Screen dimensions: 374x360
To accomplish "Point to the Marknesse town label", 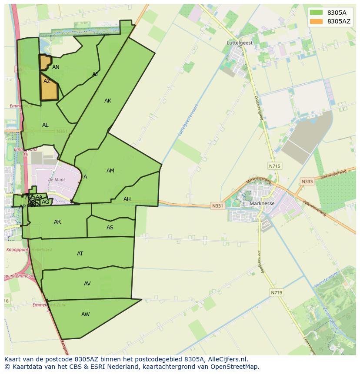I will pyautogui.click(x=262, y=203).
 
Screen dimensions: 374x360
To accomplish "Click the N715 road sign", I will pyautogui.click(x=274, y=166).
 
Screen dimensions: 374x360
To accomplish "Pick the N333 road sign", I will pyautogui.click(x=307, y=182).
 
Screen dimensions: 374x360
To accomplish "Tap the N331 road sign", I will pyautogui.click(x=217, y=206).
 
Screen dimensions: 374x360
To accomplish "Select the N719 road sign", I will pyautogui.click(x=276, y=293).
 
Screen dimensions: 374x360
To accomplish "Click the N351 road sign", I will pyautogui.click(x=61, y=131).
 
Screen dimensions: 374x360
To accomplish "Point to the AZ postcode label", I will pyautogui.click(x=47, y=81).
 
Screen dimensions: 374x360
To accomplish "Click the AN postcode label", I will pyautogui.click(x=56, y=67).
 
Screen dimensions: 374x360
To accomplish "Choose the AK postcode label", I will pyautogui.click(x=108, y=101).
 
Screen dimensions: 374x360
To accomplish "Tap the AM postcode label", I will pyautogui.click(x=110, y=171).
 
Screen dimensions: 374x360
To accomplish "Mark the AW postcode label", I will pyautogui.click(x=85, y=314).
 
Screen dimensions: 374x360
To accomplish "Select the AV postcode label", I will pyautogui.click(x=87, y=284).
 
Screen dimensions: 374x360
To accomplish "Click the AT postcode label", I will pyautogui.click(x=80, y=254).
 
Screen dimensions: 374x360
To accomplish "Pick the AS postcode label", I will pyautogui.click(x=110, y=228).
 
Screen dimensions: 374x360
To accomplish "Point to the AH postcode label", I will pyautogui.click(x=127, y=199).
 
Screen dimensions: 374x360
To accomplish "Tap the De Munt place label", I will pyautogui.click(x=57, y=179).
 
